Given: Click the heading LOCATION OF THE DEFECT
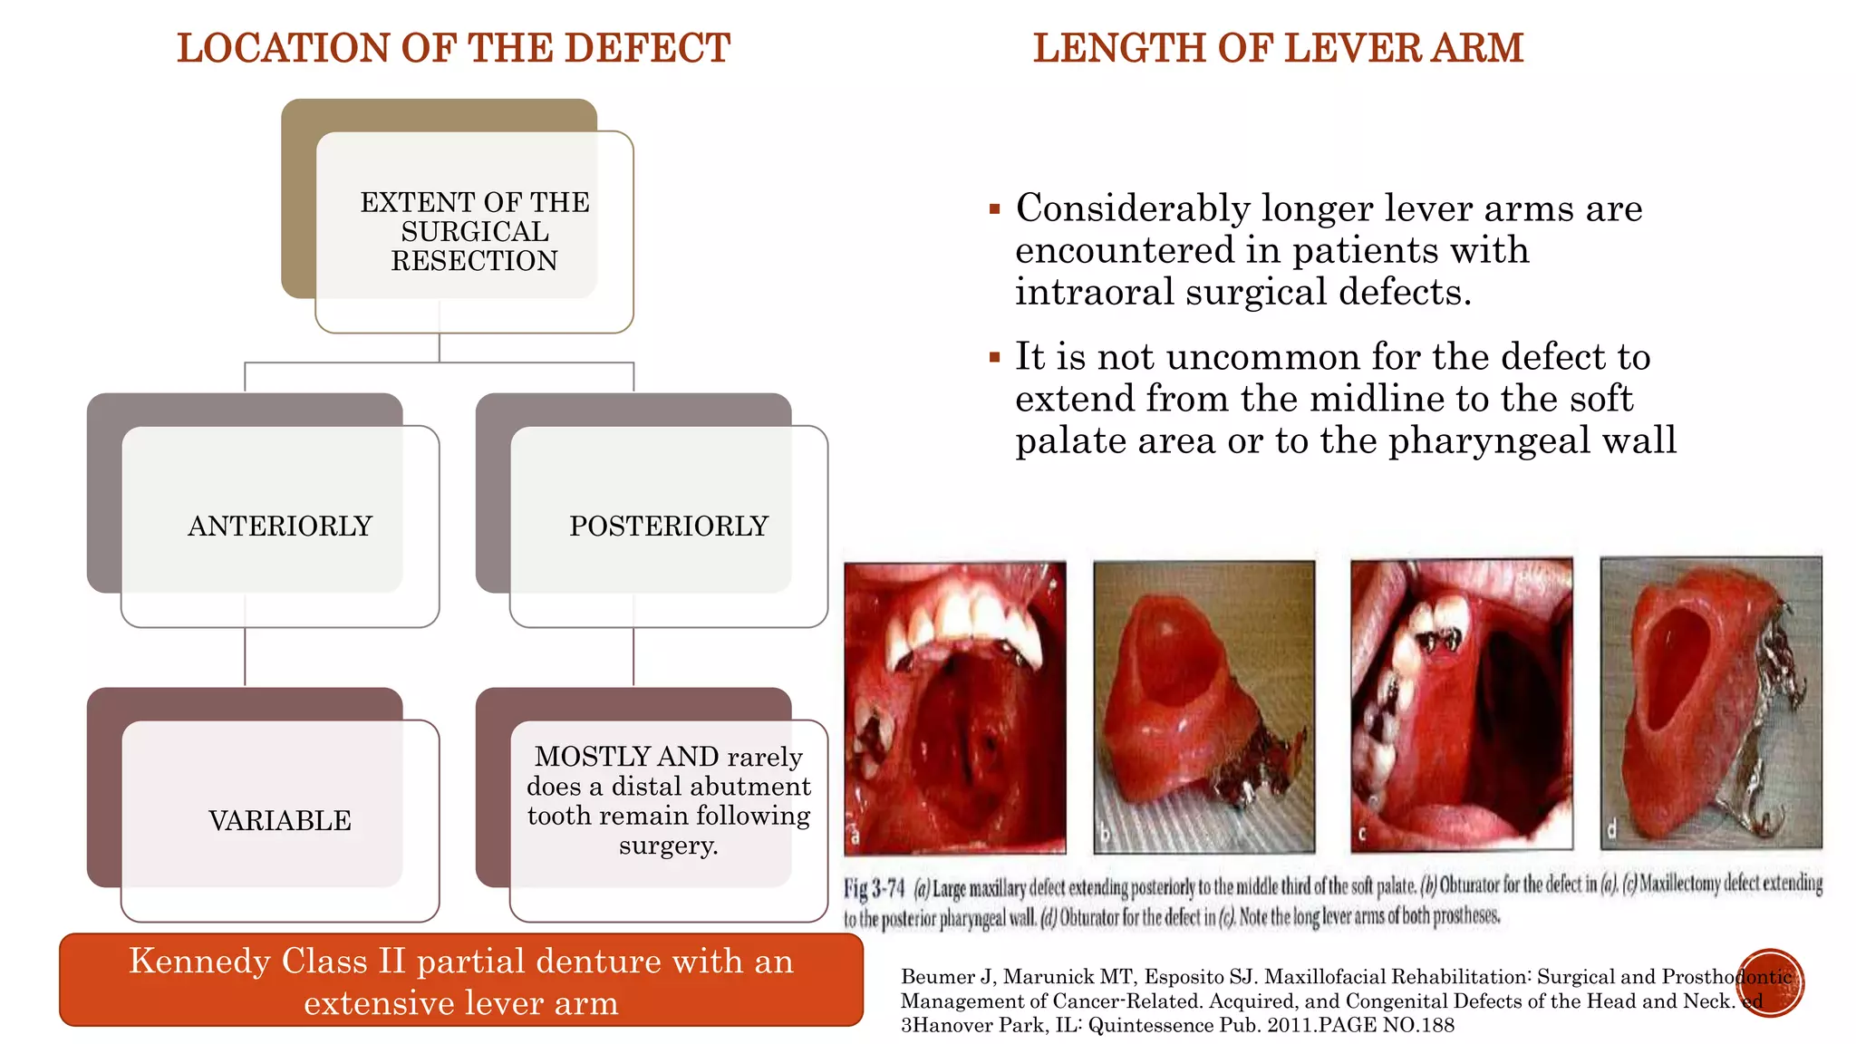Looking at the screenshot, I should coord(453,48).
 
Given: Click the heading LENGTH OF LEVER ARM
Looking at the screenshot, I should coord(1278,48).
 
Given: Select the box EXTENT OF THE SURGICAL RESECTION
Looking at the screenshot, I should coord(474,231).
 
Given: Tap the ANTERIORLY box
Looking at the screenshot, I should coord(280,526).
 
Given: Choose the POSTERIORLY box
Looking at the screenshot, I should coord(669,526).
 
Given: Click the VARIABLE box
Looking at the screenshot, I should coord(280,820).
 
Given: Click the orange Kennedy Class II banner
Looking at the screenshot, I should coord(461,981).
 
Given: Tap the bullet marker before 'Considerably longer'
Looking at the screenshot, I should coord(994,209).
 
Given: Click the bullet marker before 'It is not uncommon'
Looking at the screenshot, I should coord(994,358).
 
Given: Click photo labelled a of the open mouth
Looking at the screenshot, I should coord(955,707).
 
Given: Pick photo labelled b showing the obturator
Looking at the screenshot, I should coord(1203,707).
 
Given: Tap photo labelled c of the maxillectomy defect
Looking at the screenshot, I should coord(1461,705).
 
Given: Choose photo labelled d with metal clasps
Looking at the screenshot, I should coord(1711,703).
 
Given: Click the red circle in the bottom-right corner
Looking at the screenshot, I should coord(1771,982).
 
